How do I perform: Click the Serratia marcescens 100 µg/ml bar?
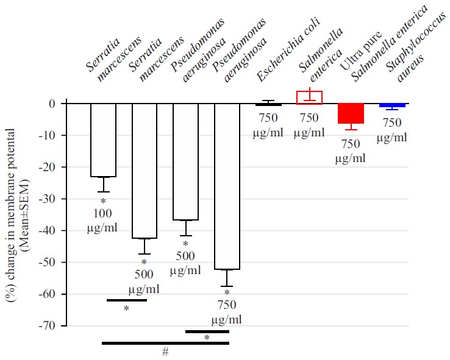coord(103,140)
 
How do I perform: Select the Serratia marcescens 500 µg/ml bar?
coord(145,171)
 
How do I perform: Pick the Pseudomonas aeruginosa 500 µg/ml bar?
coord(185,161)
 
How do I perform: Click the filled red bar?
coord(351,113)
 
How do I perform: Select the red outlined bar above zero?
coord(309,97)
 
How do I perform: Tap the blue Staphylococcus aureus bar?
coord(392,105)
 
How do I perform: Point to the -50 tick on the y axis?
coord(52,263)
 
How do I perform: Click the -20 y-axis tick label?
coord(52,167)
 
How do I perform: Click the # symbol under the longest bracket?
coord(165,352)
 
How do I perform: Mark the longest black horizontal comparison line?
coord(165,344)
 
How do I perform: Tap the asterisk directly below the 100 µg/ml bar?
coord(103,201)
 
